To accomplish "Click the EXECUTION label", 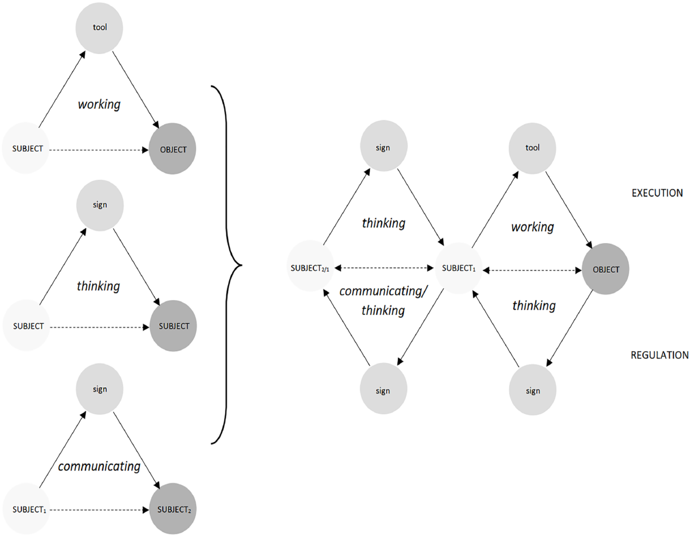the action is click(x=657, y=193).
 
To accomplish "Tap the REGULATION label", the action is click(x=659, y=355).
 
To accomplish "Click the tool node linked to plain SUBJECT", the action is click(x=99, y=28).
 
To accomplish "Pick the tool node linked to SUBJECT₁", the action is click(x=532, y=148).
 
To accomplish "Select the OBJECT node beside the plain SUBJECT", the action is click(x=172, y=148).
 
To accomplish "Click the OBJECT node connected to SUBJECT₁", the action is click(x=606, y=269).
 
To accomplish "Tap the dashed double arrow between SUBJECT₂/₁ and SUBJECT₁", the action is click(x=384, y=268).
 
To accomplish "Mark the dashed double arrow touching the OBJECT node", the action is click(x=532, y=271).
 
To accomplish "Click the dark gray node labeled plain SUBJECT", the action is click(x=173, y=326).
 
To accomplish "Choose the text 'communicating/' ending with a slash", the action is click(x=384, y=291).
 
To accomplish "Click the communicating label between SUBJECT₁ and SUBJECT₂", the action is click(x=99, y=466).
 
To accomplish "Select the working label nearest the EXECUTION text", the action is click(x=533, y=227).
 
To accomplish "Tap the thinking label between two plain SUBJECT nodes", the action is click(x=98, y=286).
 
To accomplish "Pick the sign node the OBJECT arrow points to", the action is click(x=533, y=390).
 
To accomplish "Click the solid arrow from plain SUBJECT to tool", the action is click(x=62, y=89).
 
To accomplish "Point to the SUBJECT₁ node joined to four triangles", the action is click(x=458, y=268).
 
